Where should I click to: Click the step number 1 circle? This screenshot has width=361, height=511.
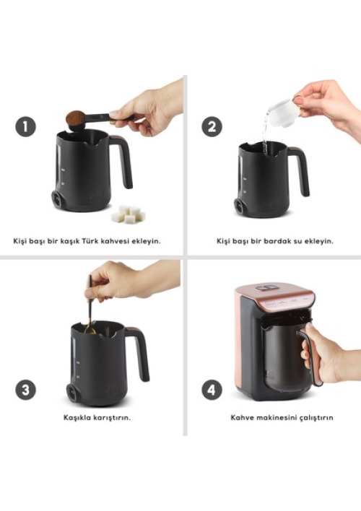coord(25,126)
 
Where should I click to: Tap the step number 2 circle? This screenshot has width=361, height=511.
coord(212,126)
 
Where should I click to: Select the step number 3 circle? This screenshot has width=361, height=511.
coord(25,390)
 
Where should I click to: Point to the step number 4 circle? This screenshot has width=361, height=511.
coord(212,390)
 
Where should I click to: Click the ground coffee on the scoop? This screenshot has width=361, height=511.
coord(75,118)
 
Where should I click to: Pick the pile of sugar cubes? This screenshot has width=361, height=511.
coord(129,214)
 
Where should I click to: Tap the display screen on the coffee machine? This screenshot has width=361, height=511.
coord(266,288)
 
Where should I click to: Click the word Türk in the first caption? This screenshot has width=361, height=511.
coord(90,241)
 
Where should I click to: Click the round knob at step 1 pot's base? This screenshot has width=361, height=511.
coord(57,198)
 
